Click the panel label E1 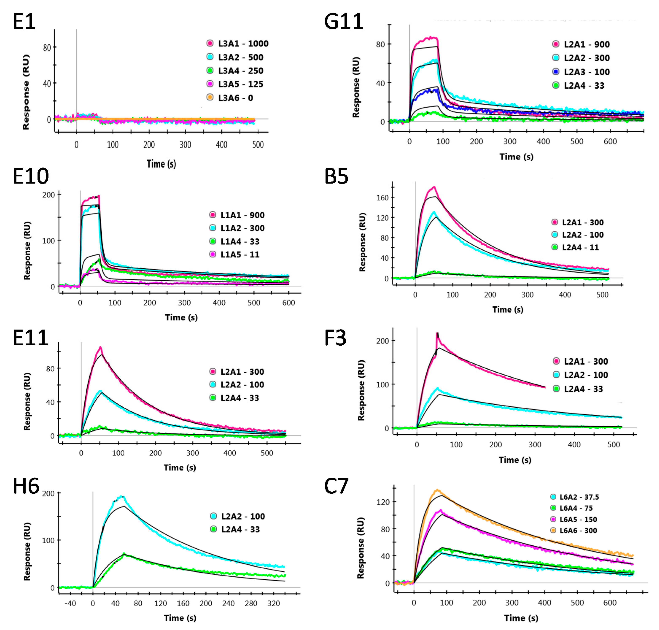[x=24, y=22]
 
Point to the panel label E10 [x=31, y=176]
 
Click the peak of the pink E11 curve [x=100, y=347]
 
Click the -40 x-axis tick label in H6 [x=70, y=603]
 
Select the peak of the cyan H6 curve [x=121, y=496]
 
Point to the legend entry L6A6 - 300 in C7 [x=578, y=531]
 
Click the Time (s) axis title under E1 [x=161, y=164]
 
